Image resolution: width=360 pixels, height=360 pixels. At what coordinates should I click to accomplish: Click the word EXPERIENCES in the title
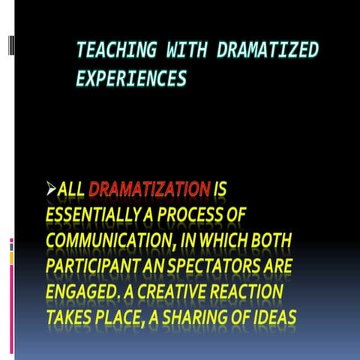coord(131,78)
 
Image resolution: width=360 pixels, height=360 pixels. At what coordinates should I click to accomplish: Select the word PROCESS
coord(202,215)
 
